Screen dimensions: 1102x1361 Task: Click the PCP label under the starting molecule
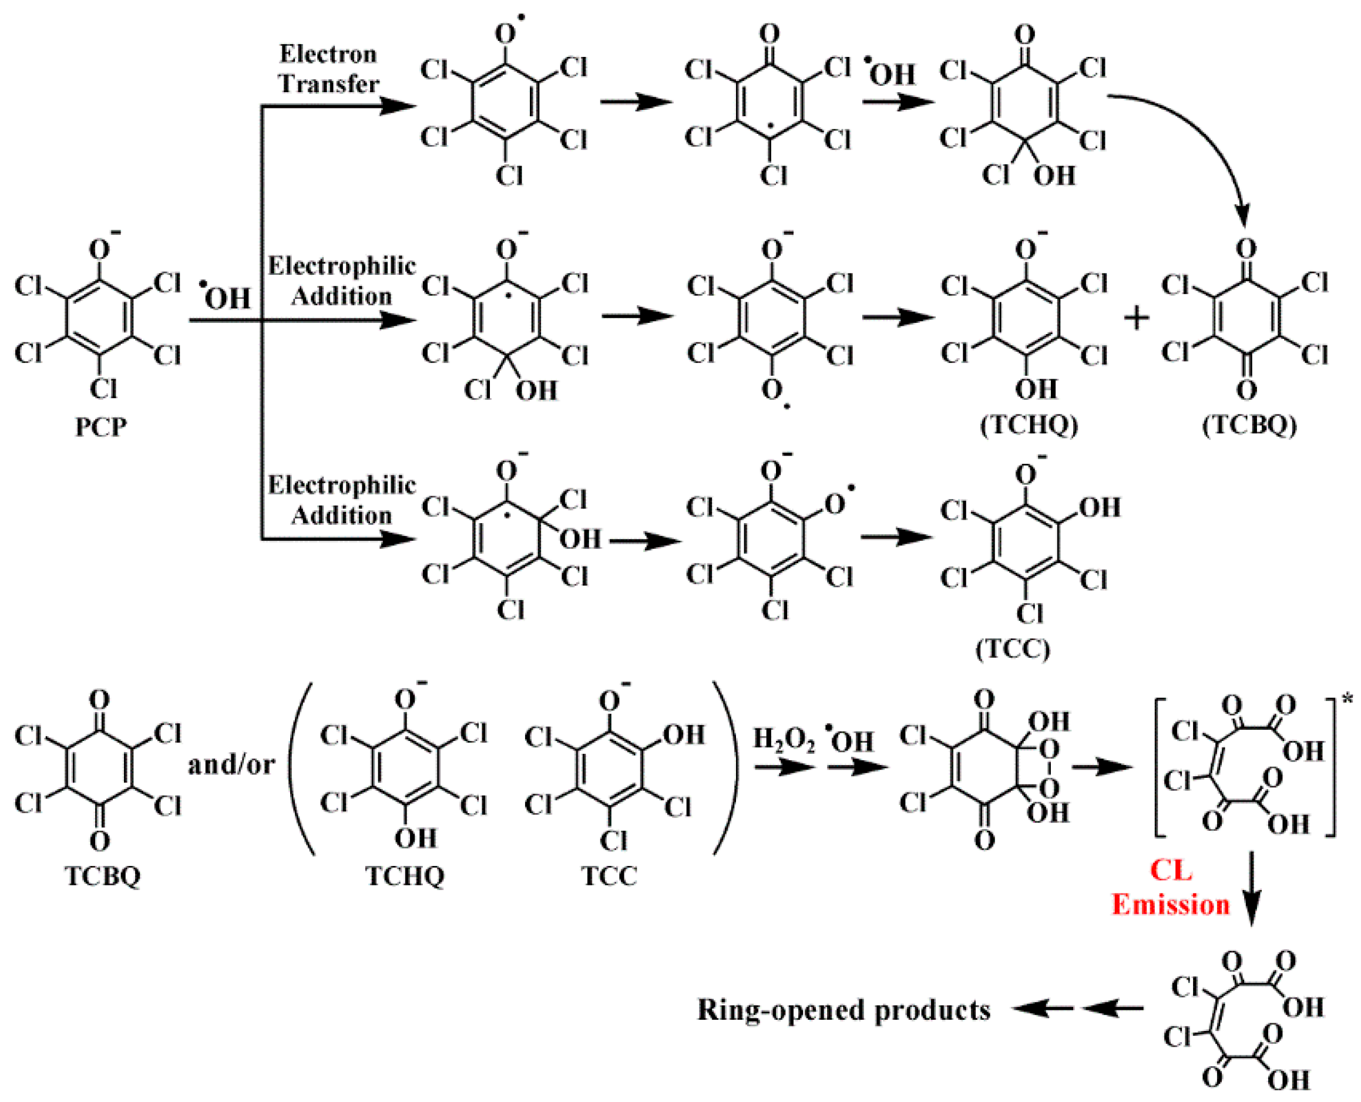[x=100, y=427]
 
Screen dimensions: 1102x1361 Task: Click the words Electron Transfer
[x=328, y=69]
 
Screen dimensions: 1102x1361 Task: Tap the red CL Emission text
[x=1170, y=888]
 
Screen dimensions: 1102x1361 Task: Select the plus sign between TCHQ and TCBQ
[x=1136, y=318]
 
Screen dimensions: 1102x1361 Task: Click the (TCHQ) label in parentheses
[x=1029, y=424]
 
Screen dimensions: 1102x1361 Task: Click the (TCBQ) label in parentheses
[x=1249, y=424]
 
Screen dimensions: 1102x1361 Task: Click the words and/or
[x=231, y=765]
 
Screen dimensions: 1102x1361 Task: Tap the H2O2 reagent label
[x=784, y=740]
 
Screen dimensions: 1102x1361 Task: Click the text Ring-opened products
[x=844, y=1010]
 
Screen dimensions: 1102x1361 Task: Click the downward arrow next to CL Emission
[x=1251, y=889]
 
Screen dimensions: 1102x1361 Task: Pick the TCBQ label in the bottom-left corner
[x=102, y=876]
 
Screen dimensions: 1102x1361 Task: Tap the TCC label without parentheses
[x=609, y=876]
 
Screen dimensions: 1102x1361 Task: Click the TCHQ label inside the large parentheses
[x=405, y=876]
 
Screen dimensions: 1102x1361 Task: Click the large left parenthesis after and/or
[x=303, y=768]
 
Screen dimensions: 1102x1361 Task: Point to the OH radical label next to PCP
[x=226, y=297]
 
